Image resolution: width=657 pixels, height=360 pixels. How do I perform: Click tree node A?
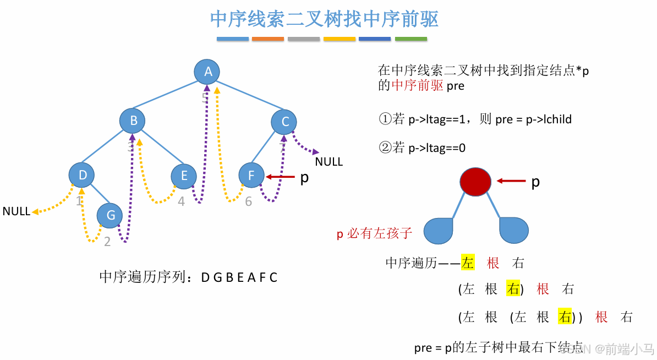tap(207, 72)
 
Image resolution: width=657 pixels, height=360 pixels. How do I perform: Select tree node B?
tap(133, 121)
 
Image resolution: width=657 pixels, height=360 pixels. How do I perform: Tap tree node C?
tap(284, 122)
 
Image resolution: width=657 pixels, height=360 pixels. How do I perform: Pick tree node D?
tap(82, 175)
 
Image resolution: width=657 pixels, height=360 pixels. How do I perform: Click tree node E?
tap(184, 176)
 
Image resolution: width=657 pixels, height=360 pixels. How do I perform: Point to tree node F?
tap(251, 176)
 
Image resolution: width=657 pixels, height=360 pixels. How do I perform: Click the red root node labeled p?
tap(475, 182)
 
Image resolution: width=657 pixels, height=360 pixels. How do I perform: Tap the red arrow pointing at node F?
tap(280, 177)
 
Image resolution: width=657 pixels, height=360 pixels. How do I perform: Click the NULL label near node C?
tap(328, 162)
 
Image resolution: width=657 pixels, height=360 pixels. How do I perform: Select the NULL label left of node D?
tap(17, 211)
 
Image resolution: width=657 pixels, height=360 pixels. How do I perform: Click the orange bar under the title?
tap(268, 39)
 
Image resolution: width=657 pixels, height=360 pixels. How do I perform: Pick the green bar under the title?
tap(411, 39)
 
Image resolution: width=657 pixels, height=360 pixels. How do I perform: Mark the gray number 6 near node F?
tap(249, 202)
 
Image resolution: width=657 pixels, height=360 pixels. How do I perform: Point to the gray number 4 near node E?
tap(182, 202)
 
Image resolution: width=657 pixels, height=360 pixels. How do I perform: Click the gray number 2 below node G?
tap(107, 242)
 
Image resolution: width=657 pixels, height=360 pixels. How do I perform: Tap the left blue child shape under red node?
tap(439, 230)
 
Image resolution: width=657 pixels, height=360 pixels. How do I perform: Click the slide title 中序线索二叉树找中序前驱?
tap(324, 19)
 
